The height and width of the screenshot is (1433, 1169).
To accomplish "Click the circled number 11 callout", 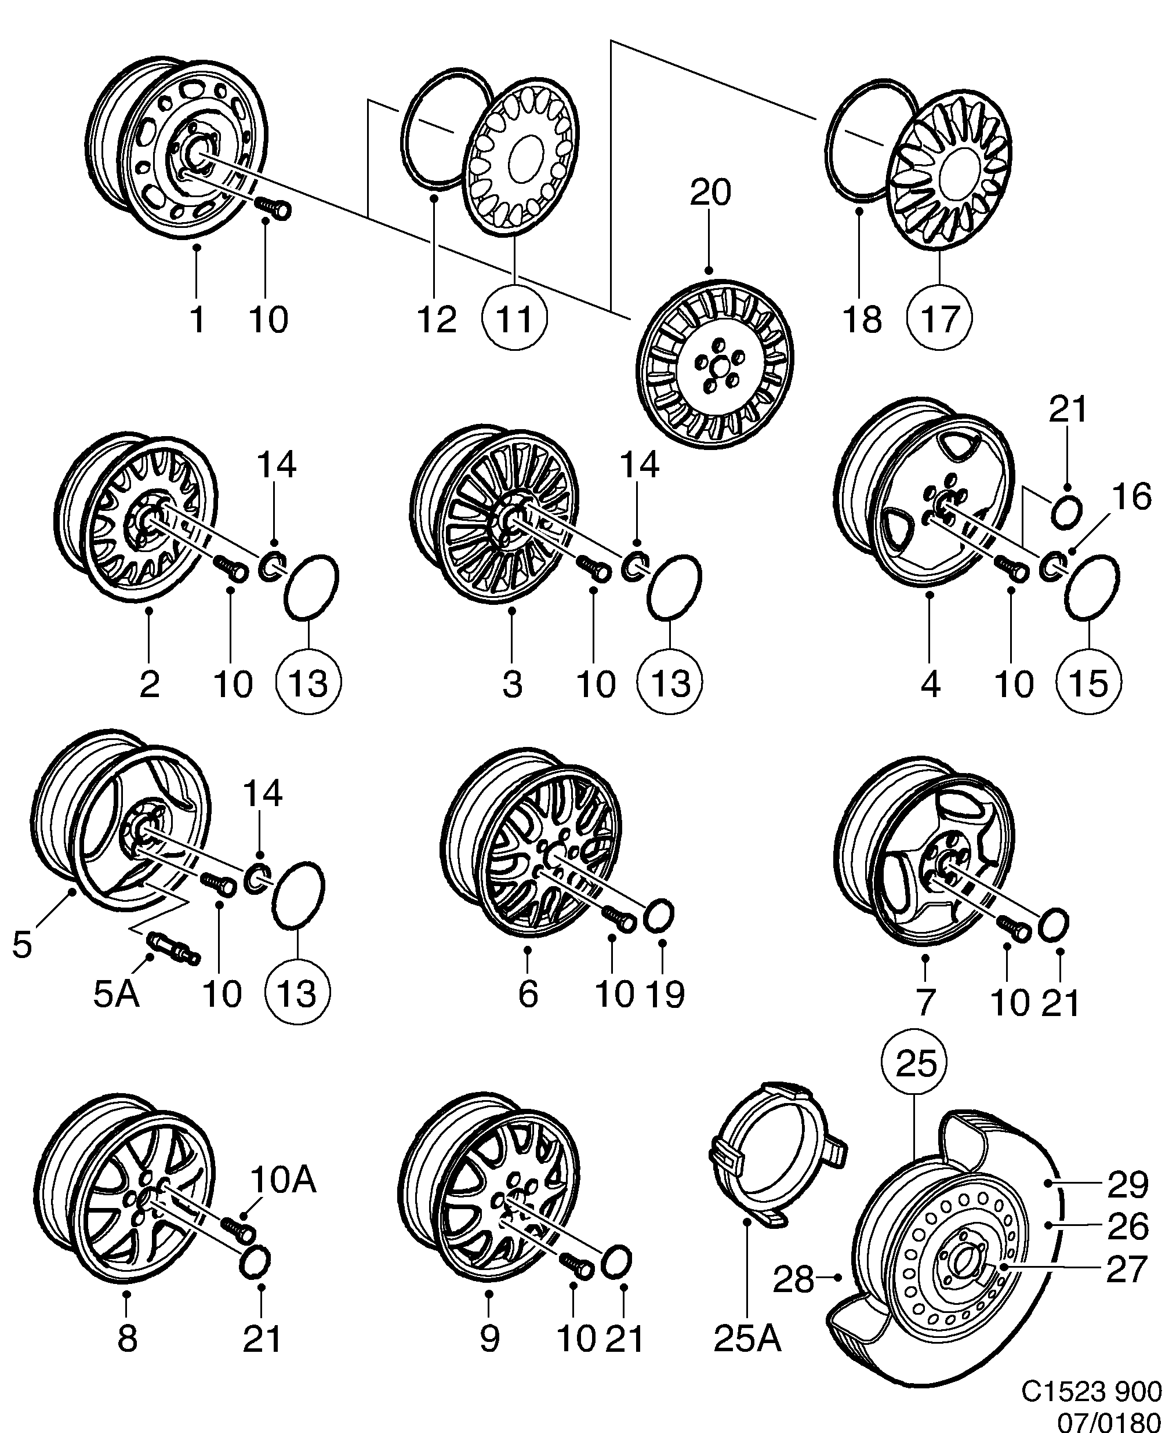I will point(515,318).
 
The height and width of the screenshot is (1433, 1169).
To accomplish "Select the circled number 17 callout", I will point(939,318).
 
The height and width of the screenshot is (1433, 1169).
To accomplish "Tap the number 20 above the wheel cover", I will point(710,193).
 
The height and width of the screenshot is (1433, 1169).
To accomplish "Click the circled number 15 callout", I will point(1089,683).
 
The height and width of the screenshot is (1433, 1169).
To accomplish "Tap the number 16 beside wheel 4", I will point(1131,498).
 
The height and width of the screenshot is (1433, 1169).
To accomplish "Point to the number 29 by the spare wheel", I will point(1127,1186).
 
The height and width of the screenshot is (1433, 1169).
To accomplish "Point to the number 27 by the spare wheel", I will point(1127,1270).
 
